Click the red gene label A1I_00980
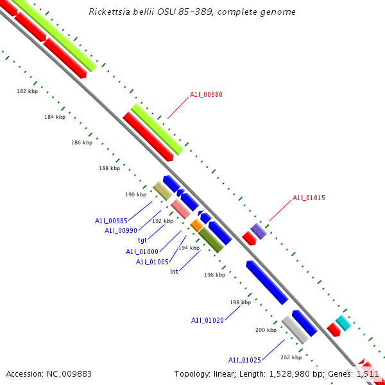pyautogui.click(x=206, y=95)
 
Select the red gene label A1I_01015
pyautogui.click(x=309, y=198)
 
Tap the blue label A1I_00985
pyautogui.click(x=111, y=221)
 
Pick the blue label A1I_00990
pyautogui.click(x=121, y=230)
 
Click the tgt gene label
pyautogui.click(x=142, y=240)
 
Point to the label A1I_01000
pyautogui.click(x=142, y=252)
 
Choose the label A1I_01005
pyautogui.click(x=152, y=262)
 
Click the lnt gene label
pyautogui.click(x=174, y=271)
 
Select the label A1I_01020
pyautogui.click(x=207, y=320)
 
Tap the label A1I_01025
pyautogui.click(x=244, y=359)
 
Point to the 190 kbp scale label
pyautogui.click(x=135, y=194)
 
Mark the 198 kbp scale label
pyautogui.click(x=239, y=302)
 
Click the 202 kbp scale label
pyautogui.click(x=291, y=357)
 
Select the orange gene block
pyautogui.click(x=196, y=225)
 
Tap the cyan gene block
pyautogui.click(x=343, y=323)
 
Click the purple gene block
pyautogui.click(x=258, y=231)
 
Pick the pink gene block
pyautogui.click(x=180, y=209)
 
